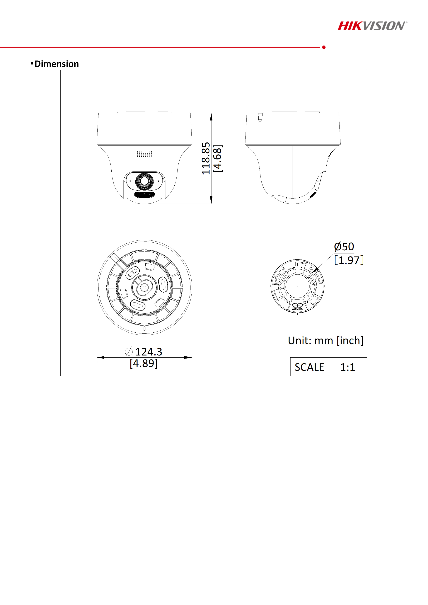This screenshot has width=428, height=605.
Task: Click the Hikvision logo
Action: coord(372,26)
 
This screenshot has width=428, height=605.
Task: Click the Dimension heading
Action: coord(56,64)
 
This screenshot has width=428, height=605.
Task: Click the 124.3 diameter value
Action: coord(149,352)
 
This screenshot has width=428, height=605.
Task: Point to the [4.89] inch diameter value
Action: coord(144,363)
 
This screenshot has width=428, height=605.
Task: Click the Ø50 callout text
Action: coord(344,247)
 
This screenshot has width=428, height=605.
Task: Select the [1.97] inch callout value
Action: coord(349,260)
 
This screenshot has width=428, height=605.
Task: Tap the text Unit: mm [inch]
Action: coord(325,341)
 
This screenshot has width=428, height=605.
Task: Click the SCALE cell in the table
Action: coord(309,367)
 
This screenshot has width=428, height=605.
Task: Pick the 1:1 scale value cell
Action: coord(348,367)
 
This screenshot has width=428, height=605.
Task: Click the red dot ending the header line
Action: coord(324,47)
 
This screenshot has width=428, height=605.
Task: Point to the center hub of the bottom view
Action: coord(144,287)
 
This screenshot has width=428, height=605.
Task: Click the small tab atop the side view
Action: coord(260,117)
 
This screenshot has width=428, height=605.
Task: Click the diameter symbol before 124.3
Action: coord(129,352)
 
